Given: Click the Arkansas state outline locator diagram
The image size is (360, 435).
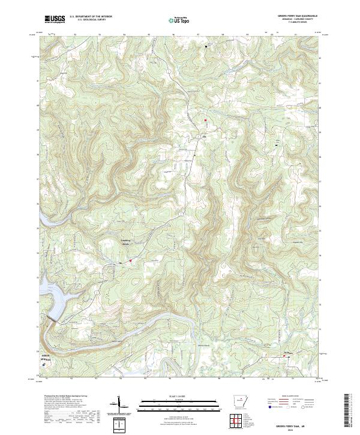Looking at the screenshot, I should pos(239,402).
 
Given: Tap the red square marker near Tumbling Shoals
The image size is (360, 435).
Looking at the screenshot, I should pos(130,260).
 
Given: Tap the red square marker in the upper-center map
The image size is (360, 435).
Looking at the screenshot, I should pos(205,120).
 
